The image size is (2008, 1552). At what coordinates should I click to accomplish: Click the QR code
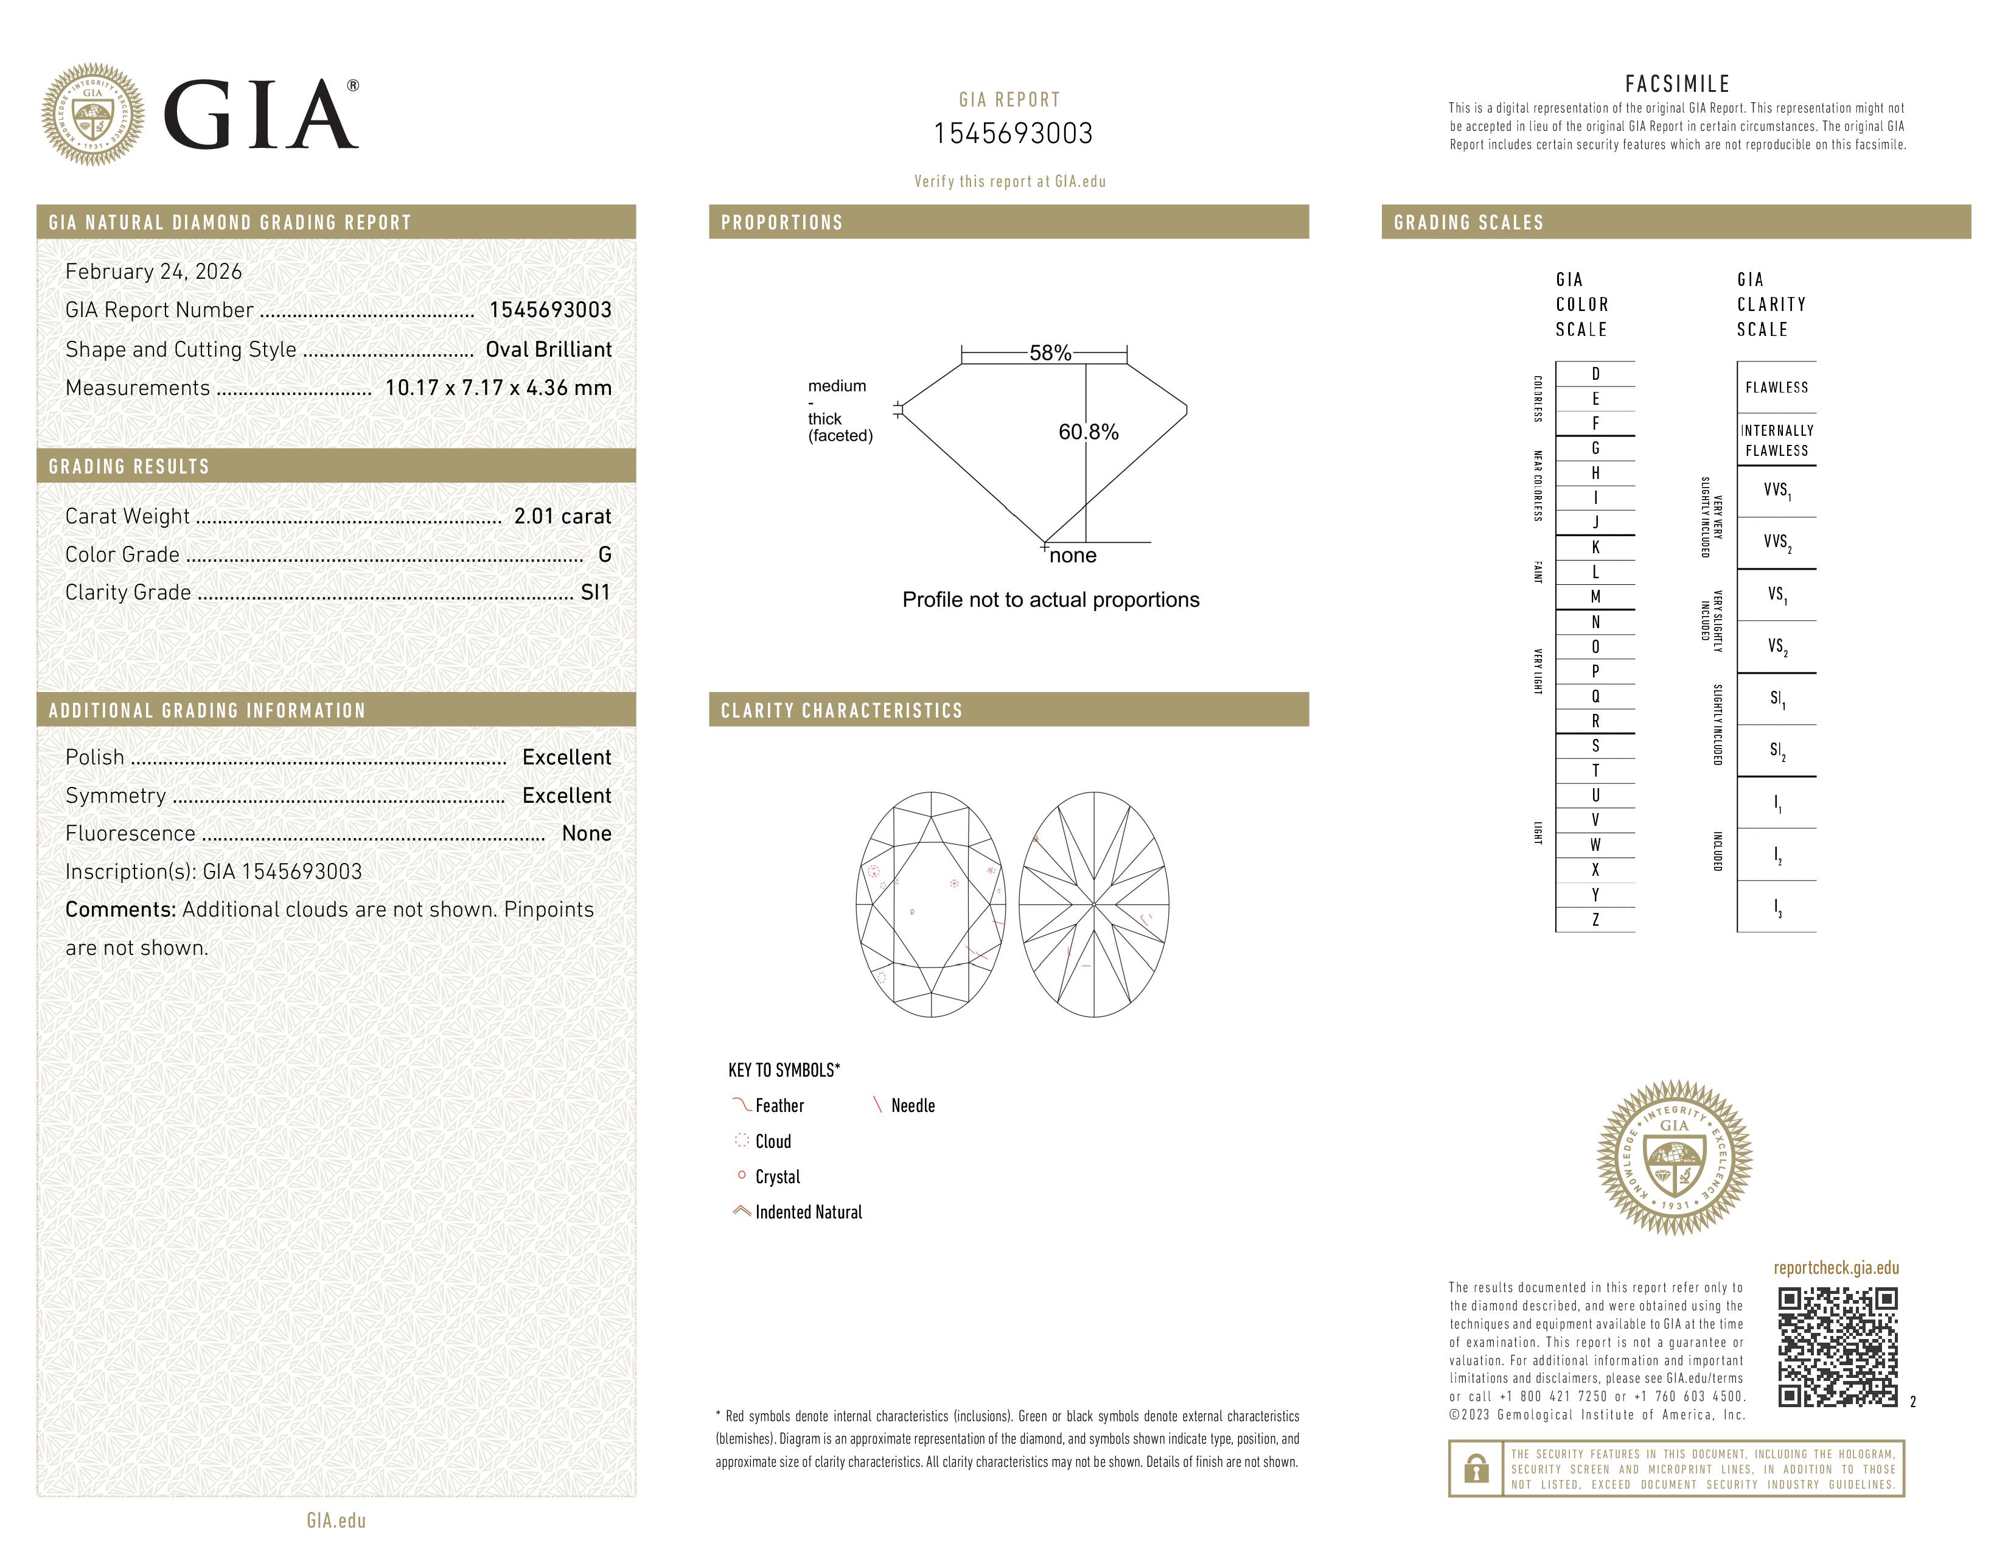point(1837,1347)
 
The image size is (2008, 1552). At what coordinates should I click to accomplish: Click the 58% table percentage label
point(1050,353)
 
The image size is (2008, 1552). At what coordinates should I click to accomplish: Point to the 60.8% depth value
point(1089,432)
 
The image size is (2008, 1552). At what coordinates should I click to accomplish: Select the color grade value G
point(604,554)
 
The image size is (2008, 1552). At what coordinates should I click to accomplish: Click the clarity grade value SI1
point(595,593)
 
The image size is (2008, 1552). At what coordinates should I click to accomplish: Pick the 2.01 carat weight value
point(562,517)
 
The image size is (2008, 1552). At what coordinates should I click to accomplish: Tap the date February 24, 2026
point(153,272)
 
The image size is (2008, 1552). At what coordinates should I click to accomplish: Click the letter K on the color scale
point(1595,547)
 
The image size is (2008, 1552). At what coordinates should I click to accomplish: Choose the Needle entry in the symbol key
point(912,1106)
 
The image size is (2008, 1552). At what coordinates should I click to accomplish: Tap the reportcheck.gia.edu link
point(1836,1268)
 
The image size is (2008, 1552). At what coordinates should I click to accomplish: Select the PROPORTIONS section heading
point(781,223)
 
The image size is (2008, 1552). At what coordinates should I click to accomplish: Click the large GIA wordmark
point(260,115)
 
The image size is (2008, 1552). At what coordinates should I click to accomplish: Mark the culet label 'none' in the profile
point(1072,555)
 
